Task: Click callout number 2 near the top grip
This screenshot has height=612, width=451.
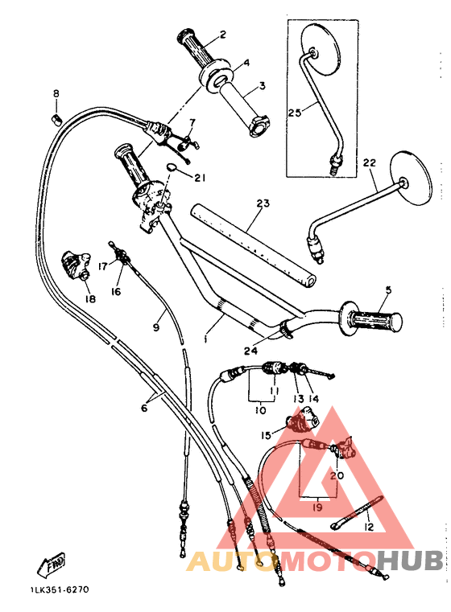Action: [222, 35]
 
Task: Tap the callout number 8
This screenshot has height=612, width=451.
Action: [56, 94]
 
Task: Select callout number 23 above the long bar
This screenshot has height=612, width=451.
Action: [262, 203]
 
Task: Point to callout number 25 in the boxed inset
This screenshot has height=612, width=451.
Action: [294, 113]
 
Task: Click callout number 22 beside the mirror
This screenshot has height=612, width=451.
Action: [369, 163]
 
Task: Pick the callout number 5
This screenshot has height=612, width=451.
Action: [387, 290]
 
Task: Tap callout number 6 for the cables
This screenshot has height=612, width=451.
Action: [144, 409]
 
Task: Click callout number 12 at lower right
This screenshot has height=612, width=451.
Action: [369, 528]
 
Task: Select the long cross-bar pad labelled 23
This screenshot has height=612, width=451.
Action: [254, 244]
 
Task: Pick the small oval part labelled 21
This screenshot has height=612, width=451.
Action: [172, 168]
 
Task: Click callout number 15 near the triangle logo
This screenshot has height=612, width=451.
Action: [265, 436]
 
